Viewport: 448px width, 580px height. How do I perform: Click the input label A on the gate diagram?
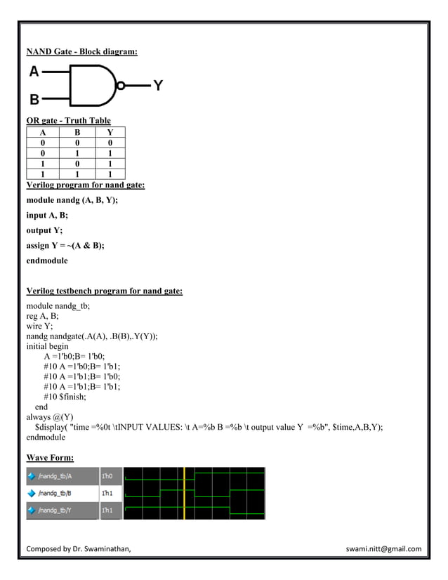pos(34,71)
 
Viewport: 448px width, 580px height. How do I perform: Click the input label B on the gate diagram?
pos(34,100)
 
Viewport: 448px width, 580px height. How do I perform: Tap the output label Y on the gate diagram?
pos(158,86)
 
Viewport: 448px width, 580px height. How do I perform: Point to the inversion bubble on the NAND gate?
pos(121,86)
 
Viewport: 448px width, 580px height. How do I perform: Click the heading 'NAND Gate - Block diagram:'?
pos(81,51)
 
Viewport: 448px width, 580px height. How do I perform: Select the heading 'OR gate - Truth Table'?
pos(68,121)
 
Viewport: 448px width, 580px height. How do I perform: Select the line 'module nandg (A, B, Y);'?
pos(72,200)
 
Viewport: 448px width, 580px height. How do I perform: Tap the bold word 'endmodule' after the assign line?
pos(47,261)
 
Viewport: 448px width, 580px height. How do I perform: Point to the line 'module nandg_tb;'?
pos(58,306)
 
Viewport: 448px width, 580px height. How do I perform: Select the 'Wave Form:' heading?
pos(50,459)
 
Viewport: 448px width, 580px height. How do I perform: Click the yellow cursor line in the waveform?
pos(184,493)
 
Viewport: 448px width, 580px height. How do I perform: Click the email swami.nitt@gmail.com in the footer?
pos(383,549)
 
